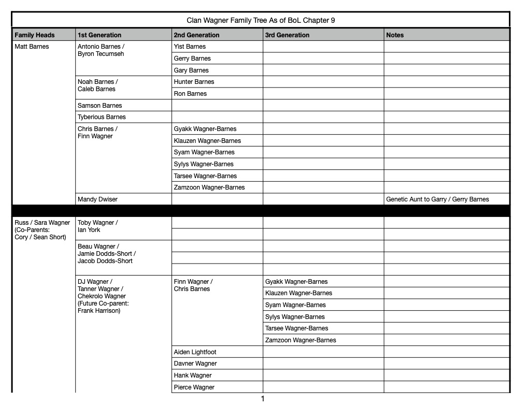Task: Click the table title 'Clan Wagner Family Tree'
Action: click(261, 21)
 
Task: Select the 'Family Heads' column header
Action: click(34, 35)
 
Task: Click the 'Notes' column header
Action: click(395, 35)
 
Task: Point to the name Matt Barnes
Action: click(32, 47)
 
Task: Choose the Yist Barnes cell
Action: click(190, 47)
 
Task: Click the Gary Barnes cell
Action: click(191, 70)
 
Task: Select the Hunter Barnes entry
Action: click(194, 82)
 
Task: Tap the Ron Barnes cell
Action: click(190, 94)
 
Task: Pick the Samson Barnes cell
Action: click(99, 106)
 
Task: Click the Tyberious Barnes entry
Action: click(102, 117)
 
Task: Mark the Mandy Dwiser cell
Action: click(97, 199)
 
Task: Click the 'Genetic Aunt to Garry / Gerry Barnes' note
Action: click(437, 199)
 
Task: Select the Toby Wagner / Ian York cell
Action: click(97, 226)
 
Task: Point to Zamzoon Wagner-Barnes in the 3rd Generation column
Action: click(301, 340)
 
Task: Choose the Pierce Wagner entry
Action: click(194, 387)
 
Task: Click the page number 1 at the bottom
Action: click(263, 399)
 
